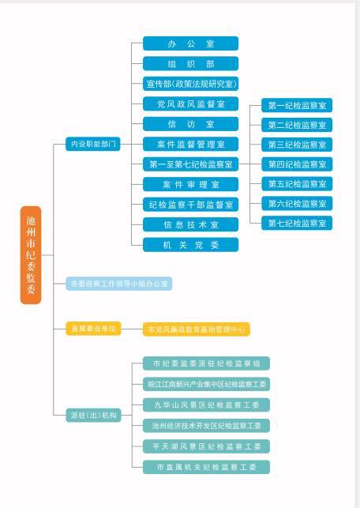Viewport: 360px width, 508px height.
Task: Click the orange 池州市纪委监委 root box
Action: point(31,255)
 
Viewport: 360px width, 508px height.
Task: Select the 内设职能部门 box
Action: point(93,144)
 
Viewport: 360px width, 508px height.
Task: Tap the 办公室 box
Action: point(191,43)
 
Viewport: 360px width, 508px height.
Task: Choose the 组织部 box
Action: point(191,63)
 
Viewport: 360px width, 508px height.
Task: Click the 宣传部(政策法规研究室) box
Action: point(191,84)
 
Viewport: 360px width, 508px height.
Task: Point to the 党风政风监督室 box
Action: point(191,103)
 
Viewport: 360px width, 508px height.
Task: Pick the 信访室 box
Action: point(191,124)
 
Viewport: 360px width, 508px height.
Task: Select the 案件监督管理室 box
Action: point(191,144)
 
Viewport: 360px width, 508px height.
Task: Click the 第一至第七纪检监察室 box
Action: point(191,164)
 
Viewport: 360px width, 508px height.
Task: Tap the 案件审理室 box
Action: point(191,184)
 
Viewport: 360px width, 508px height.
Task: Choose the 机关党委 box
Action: point(191,245)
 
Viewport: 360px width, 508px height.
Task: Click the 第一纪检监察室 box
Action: point(297,105)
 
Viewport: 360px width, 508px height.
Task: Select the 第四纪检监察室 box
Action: point(297,164)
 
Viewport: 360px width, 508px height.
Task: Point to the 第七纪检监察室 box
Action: point(297,223)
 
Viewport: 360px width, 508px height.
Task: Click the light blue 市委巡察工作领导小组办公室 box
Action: point(118,284)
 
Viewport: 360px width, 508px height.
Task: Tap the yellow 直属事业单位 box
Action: point(93,329)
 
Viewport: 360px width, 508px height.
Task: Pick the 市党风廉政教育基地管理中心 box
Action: point(197,329)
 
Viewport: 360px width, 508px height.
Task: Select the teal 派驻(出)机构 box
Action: point(93,415)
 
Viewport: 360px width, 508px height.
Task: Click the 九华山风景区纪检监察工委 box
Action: point(206,405)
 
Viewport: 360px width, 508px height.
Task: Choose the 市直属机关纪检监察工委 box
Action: point(206,467)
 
